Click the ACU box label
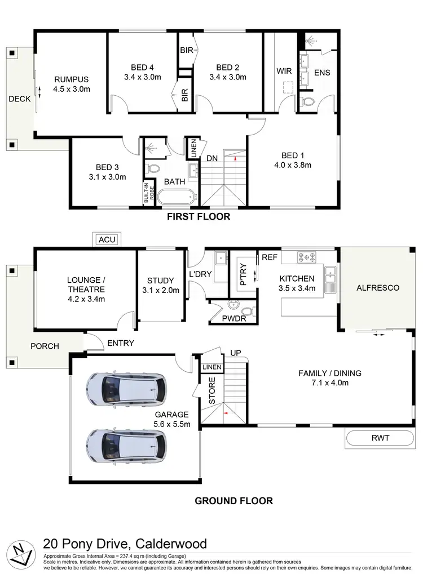[x=107, y=240]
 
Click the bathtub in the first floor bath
[x=177, y=197]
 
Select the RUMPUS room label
[x=72, y=79]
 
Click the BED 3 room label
[x=107, y=167]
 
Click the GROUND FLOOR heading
[x=233, y=500]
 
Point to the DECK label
[x=20, y=99]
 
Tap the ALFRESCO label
[x=377, y=288]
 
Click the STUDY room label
[x=161, y=281]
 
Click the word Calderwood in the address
[x=170, y=544]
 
